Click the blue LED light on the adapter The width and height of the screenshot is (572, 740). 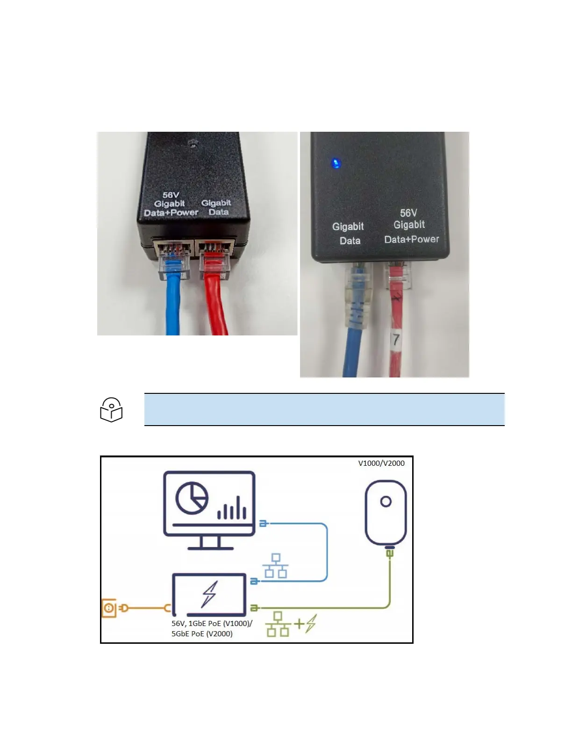coord(336,164)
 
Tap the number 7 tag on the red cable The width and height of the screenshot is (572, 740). coord(396,340)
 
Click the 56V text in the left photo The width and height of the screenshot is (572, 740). coord(171,195)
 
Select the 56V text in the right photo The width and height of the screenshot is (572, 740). coord(408,213)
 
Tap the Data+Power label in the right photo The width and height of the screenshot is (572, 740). coord(411,239)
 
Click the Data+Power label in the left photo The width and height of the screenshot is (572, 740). coord(171,213)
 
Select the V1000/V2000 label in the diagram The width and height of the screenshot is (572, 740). coord(381,463)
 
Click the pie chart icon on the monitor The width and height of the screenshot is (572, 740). coord(192,498)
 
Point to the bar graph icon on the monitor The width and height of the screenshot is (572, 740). coord(232,508)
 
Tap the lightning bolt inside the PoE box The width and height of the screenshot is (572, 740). coord(209,594)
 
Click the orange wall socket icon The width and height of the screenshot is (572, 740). coord(109,608)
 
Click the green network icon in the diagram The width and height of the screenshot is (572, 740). coord(278,624)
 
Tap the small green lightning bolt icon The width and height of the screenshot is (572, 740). coord(311,623)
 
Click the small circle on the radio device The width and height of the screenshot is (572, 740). coord(386,502)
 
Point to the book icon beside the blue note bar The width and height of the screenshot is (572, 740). coord(111,410)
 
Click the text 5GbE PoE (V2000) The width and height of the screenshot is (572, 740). coord(202,634)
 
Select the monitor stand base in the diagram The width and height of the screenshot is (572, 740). coord(210,548)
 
